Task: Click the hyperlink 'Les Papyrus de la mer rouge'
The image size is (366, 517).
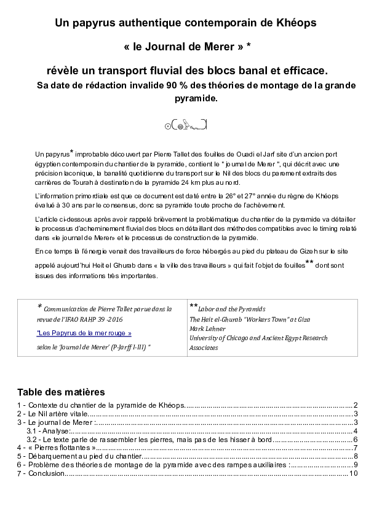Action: [84, 333]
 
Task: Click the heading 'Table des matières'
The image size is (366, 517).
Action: [61, 392]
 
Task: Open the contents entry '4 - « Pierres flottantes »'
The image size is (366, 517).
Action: [56, 448]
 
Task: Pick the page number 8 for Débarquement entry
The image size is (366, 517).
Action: [356, 456]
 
